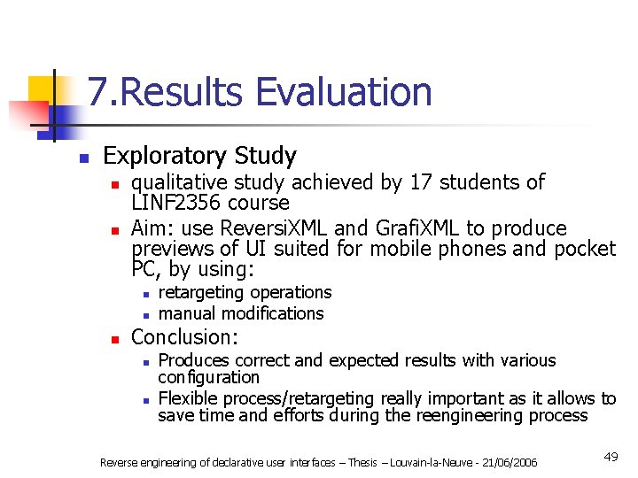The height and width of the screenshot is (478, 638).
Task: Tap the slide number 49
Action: [x=611, y=457]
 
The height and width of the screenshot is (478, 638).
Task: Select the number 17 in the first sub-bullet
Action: [x=420, y=182]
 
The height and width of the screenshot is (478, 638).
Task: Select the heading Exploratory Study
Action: [x=199, y=156]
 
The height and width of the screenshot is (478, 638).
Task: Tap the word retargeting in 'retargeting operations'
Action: [x=200, y=292]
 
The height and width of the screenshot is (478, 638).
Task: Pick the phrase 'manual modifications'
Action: [x=240, y=313]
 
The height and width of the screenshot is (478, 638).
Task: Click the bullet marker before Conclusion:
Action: [x=113, y=338]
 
